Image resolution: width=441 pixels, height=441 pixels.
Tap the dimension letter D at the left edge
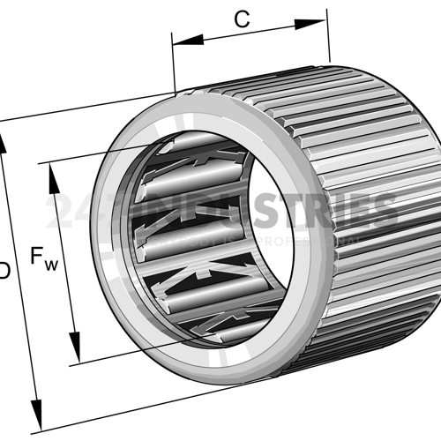click(x=4, y=271)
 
